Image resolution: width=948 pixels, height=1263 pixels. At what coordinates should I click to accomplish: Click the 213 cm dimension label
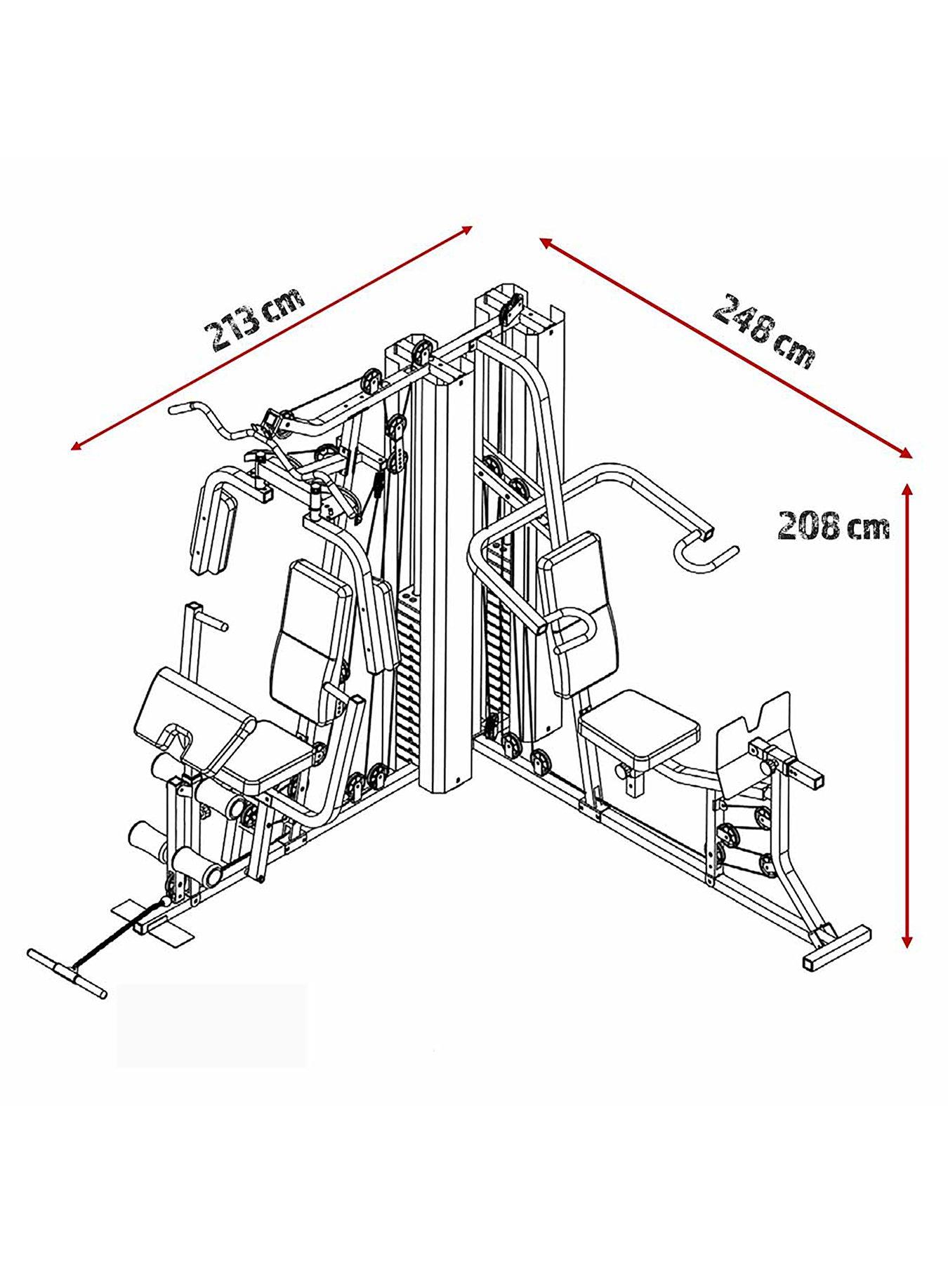(x=254, y=316)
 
